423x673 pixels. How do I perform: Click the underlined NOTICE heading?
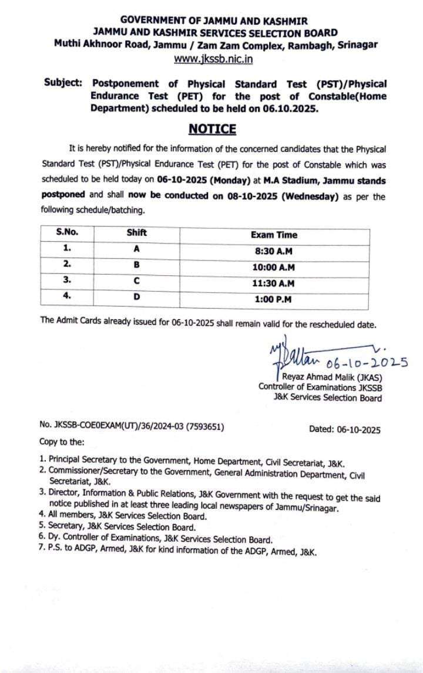tap(212, 128)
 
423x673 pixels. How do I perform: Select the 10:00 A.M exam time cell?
tap(273, 267)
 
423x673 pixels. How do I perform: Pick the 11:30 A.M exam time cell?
tap(273, 283)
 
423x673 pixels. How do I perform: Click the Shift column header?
tap(136, 232)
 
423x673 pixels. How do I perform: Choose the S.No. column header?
tap(67, 232)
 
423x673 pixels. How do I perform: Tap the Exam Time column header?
tap(274, 235)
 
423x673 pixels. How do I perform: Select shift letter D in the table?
tap(136, 297)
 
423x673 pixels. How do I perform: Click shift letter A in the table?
tap(136, 249)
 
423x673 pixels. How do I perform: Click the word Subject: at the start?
tap(63, 83)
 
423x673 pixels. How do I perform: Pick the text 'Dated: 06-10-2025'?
tap(344, 429)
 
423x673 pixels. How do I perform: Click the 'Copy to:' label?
tap(62, 441)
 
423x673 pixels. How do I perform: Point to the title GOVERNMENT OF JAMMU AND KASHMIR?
tap(214, 21)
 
